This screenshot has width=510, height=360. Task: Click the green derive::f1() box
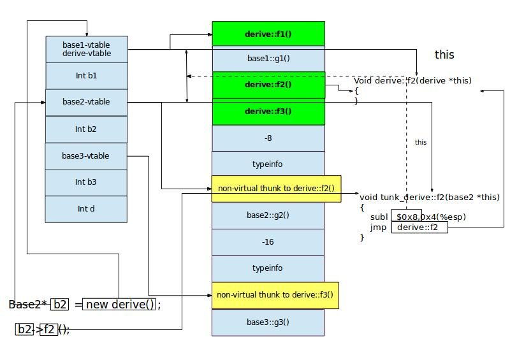(x=268, y=34)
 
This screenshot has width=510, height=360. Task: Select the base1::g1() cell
(x=268, y=59)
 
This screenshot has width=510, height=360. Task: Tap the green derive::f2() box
(x=268, y=85)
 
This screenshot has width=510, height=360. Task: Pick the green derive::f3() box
(x=268, y=112)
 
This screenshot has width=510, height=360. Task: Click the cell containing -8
(x=268, y=138)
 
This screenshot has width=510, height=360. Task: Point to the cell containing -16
(x=268, y=242)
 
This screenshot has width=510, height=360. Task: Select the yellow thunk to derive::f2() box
(x=276, y=189)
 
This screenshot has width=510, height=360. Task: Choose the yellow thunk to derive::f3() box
(x=275, y=295)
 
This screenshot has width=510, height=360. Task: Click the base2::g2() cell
(x=268, y=215)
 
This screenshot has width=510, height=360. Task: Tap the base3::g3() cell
(x=268, y=322)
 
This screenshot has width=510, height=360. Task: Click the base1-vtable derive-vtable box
(x=87, y=49)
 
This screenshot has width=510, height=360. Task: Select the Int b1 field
(x=87, y=76)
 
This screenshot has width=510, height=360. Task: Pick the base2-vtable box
(x=87, y=102)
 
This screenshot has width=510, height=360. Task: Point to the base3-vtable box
(x=86, y=156)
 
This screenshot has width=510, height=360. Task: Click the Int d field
(x=87, y=209)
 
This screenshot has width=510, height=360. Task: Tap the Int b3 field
(x=87, y=182)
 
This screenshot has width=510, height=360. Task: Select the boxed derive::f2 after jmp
(x=419, y=227)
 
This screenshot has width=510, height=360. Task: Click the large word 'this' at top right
(x=444, y=55)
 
